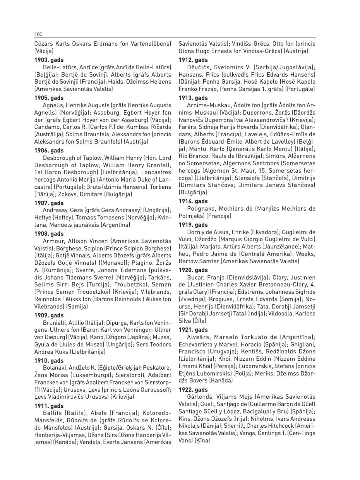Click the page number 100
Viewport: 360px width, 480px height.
tap(38, 34)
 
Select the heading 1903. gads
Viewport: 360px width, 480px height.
tap(49, 60)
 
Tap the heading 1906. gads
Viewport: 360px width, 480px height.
tap(49, 151)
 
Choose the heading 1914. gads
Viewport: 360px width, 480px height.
tap(193, 201)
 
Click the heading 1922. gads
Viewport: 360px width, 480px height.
tap(193, 390)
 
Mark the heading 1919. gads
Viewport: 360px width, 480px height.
tap(193, 225)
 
